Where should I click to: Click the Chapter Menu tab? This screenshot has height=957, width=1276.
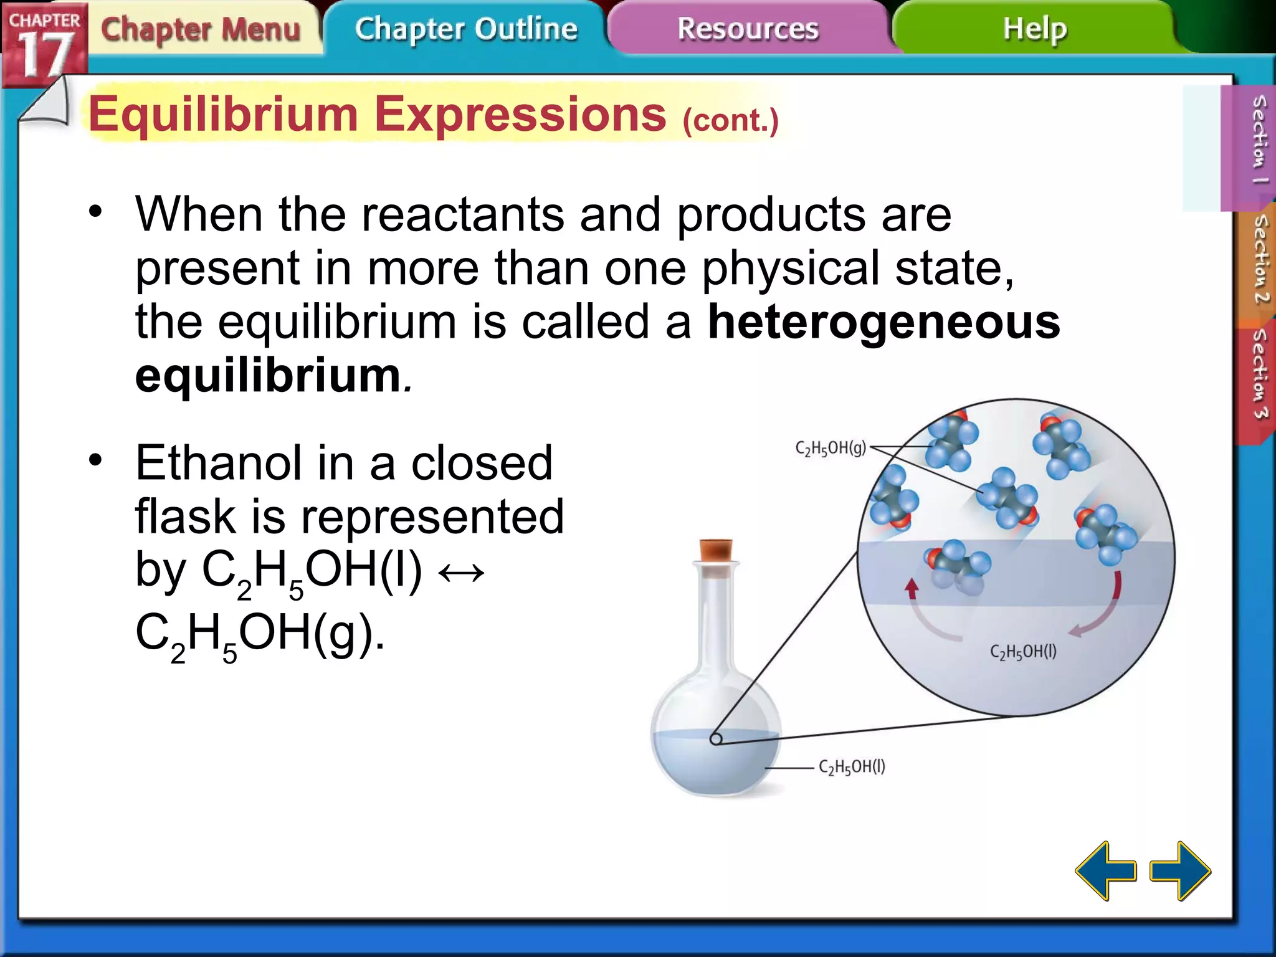pos(201,29)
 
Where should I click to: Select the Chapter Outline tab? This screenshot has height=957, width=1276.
pos(466,29)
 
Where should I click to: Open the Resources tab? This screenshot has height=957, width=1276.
pos(748,29)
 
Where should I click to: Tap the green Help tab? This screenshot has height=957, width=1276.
pos(1034,29)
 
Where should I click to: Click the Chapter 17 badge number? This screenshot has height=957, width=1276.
pos(44,55)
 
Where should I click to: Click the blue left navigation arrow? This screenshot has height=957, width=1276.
pos(1106,870)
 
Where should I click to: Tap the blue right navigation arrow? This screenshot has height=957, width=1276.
pos(1179,870)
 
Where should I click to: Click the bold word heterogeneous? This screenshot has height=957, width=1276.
pos(883,322)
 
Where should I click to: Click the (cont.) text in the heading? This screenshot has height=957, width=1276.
pos(730,120)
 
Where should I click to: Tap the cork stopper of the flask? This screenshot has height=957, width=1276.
pos(716,550)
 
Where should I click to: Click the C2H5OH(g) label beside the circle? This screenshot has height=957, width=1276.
pos(830,448)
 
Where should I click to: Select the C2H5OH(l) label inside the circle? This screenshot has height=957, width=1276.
pos(1023,652)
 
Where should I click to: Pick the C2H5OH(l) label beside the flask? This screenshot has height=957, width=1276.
pos(852,767)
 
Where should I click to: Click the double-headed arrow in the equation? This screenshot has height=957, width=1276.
pos(461,572)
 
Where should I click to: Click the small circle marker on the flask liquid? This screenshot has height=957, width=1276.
pos(716,739)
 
